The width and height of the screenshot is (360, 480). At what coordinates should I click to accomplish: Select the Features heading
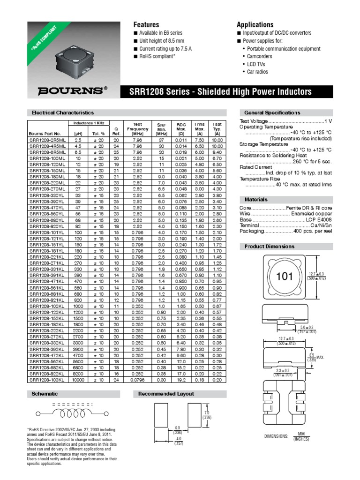(146, 24)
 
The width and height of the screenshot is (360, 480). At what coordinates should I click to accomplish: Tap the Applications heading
(255, 24)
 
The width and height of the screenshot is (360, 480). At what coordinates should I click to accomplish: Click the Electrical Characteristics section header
(62, 112)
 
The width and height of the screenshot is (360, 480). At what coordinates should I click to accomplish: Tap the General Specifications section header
(272, 112)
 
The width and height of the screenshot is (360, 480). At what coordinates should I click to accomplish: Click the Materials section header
(256, 199)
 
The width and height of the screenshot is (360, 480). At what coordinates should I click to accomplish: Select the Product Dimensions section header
(269, 247)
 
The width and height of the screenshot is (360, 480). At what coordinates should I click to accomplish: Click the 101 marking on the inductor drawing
(284, 277)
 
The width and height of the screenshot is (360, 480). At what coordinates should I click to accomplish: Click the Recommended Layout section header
(166, 394)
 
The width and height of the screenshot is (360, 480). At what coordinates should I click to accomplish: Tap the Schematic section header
(44, 394)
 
